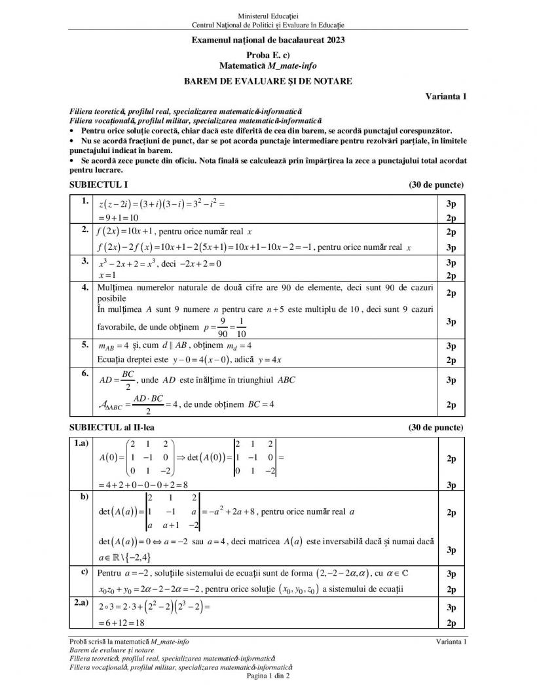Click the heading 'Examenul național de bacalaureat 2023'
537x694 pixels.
268,40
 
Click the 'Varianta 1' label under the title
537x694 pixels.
445,97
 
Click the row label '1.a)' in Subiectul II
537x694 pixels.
82,443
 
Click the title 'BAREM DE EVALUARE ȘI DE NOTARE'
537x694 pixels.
268,81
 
